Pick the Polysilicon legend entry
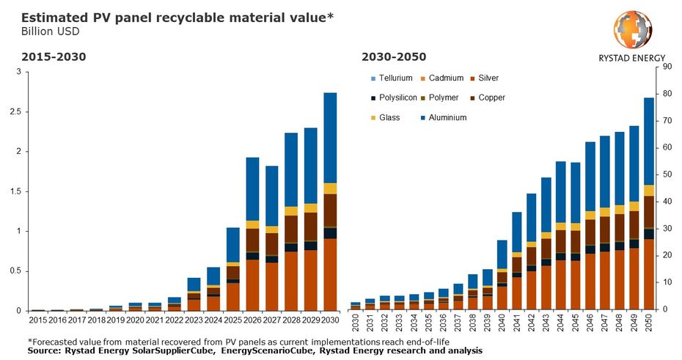click(397, 98)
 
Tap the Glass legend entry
click(389, 117)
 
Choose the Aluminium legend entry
click(447, 117)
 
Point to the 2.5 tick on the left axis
click(11, 112)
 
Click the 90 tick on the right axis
click(667, 67)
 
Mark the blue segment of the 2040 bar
click(502, 254)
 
